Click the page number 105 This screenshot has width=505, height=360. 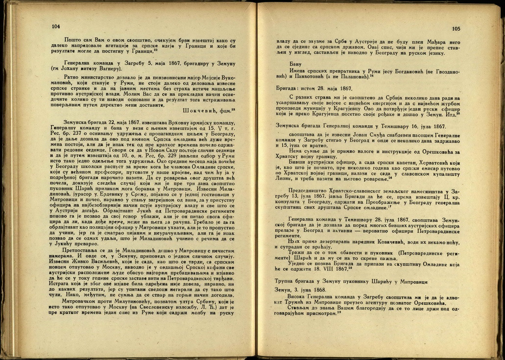[x=456, y=29]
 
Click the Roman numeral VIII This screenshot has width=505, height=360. [x=320, y=269]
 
